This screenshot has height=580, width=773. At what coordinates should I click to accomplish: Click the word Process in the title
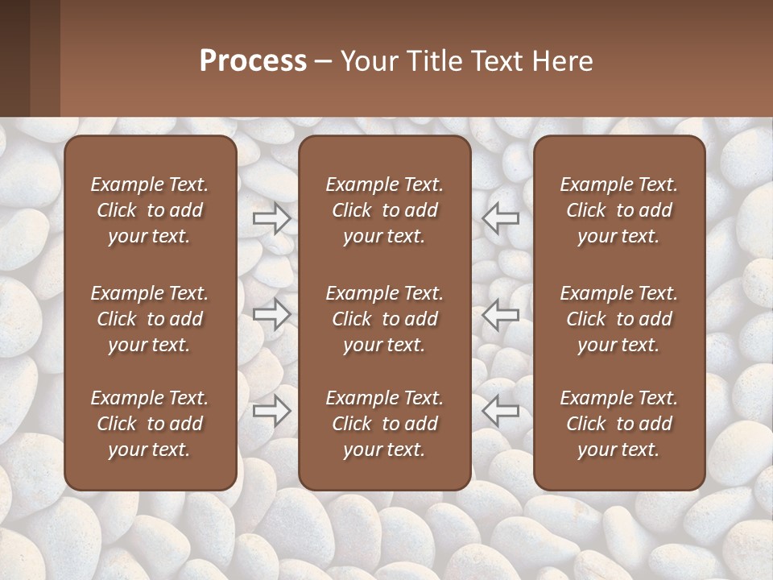coord(253,61)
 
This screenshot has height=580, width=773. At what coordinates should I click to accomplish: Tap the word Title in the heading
coord(431,61)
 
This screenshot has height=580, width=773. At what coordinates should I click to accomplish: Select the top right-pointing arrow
coord(271,217)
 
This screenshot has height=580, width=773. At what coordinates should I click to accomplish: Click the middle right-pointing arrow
coord(271,314)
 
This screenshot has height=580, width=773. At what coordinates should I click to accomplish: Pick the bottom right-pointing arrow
coord(271,411)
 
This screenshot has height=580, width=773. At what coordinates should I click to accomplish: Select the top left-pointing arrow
coord(501,217)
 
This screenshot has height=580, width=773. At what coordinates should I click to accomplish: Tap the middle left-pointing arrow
coord(501,314)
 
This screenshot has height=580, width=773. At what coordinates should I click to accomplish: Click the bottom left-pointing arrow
coord(501,411)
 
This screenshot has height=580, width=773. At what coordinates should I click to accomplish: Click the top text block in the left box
coord(150,210)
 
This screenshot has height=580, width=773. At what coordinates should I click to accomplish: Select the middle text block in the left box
coord(150,319)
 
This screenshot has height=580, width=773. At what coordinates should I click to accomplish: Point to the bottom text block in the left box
coord(150,424)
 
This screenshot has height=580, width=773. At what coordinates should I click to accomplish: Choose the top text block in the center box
coord(385,210)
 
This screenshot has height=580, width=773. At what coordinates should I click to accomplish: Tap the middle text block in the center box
coord(385,319)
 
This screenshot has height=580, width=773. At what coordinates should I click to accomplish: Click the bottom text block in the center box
coord(385,424)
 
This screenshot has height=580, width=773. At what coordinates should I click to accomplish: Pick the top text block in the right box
coord(619,210)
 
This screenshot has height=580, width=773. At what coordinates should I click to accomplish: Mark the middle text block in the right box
coord(619,319)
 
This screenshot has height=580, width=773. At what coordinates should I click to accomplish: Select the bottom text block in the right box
coord(619,424)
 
